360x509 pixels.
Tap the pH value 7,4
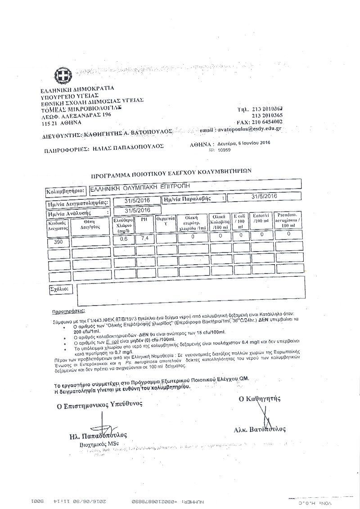[144, 238]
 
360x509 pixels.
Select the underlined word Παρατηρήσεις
[71, 311]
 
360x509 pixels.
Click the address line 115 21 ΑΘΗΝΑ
[61, 122]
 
